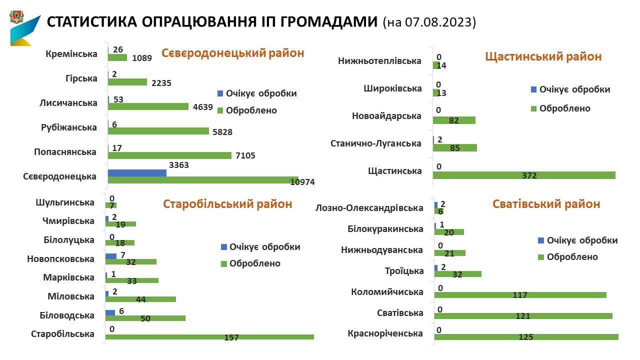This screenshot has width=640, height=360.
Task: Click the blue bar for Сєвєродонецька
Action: pos(137,172)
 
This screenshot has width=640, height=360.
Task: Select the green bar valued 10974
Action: pos(202,179)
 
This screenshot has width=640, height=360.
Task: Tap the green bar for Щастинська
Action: pos(524,175)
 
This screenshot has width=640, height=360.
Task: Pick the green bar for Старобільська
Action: pos(209,336)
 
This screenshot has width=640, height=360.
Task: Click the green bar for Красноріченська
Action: pos(526,336)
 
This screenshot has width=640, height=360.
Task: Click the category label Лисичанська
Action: pos(68,103)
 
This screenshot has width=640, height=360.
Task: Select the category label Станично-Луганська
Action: pos(376,143)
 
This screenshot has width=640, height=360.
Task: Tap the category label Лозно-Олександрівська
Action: pos(369,208)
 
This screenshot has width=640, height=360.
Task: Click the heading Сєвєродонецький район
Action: pos(232,53)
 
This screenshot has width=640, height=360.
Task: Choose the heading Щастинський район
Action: pos(543,56)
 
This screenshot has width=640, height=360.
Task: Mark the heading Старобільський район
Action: pos(227,204)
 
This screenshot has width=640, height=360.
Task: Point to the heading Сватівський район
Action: pos(546,204)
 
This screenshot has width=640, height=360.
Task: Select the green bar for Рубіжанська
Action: pos(158,131)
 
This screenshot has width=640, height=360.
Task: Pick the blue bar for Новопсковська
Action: pos(110,256)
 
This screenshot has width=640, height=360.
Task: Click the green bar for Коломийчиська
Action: pos(520,294)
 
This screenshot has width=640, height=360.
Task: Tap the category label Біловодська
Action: pos(67,315)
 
